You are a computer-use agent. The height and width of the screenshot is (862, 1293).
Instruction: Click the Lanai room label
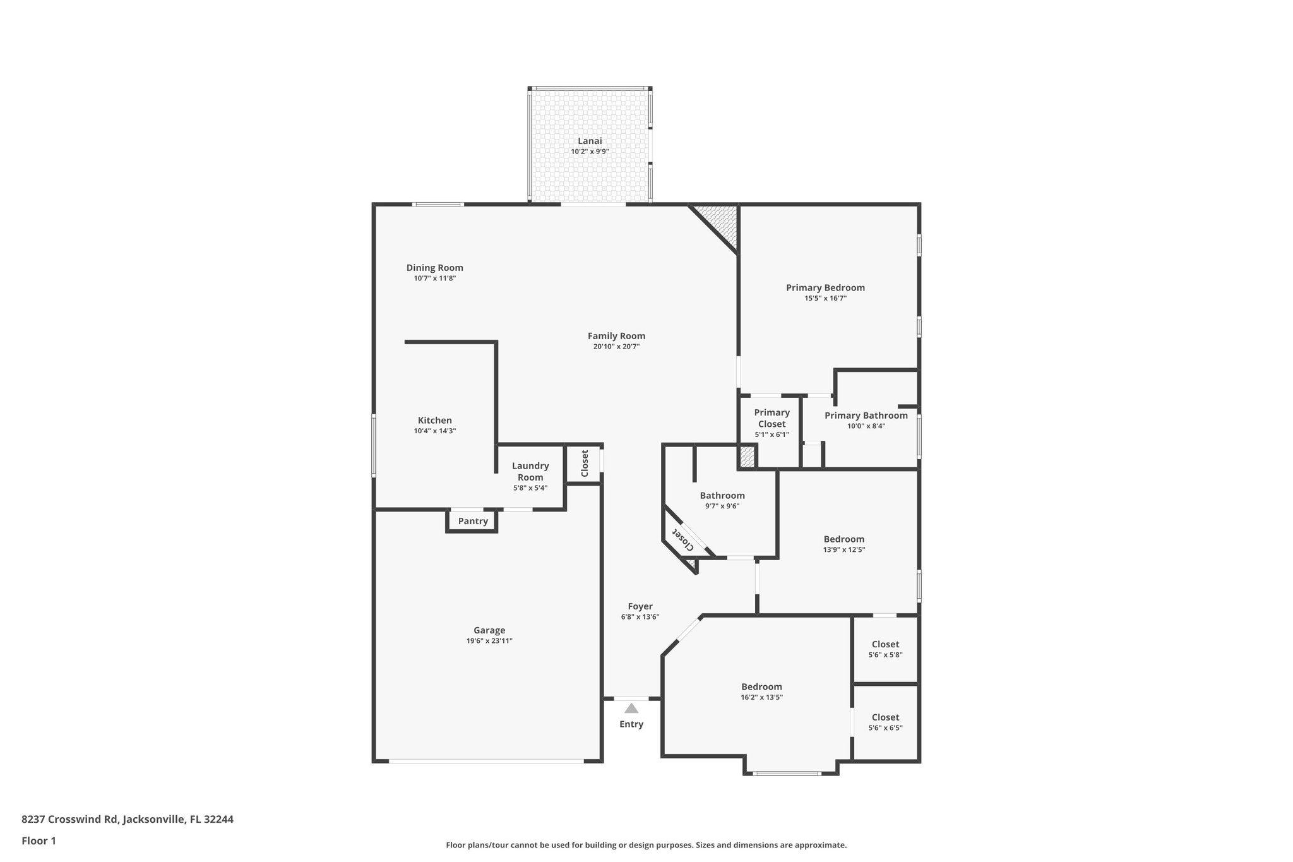point(590,141)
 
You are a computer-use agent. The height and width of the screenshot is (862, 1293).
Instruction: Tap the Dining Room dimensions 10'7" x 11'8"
point(434,278)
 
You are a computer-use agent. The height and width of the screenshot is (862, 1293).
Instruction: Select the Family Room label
point(616,336)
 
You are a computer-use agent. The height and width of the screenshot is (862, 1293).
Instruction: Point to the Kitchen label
point(434,420)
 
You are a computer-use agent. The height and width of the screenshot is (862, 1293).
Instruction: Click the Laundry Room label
point(530,471)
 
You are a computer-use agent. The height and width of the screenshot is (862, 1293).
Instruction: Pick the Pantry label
point(473,521)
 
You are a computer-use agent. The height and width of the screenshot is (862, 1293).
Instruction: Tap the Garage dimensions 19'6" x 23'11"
point(489,641)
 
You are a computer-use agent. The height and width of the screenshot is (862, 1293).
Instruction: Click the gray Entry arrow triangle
point(631,709)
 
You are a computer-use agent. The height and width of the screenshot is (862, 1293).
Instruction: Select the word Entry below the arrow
point(631,724)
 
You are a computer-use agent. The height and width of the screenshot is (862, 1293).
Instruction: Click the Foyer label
point(640,606)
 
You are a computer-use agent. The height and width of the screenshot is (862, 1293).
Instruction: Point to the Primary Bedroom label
point(825,287)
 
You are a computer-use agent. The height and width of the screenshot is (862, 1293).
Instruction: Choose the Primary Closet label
point(772,418)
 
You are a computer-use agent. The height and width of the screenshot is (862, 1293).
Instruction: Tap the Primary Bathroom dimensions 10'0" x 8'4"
point(866,426)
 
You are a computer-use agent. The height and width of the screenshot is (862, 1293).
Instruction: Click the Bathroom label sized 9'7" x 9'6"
point(722,495)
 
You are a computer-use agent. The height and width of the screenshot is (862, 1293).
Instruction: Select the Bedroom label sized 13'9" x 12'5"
point(843,539)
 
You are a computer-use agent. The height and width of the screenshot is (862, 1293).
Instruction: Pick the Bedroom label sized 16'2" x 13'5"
point(761,686)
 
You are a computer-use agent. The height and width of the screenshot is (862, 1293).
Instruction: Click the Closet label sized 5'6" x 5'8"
point(885,644)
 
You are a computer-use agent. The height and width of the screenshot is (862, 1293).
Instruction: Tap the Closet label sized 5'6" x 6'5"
point(885,717)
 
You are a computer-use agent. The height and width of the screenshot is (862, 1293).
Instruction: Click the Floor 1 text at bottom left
point(39,841)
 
